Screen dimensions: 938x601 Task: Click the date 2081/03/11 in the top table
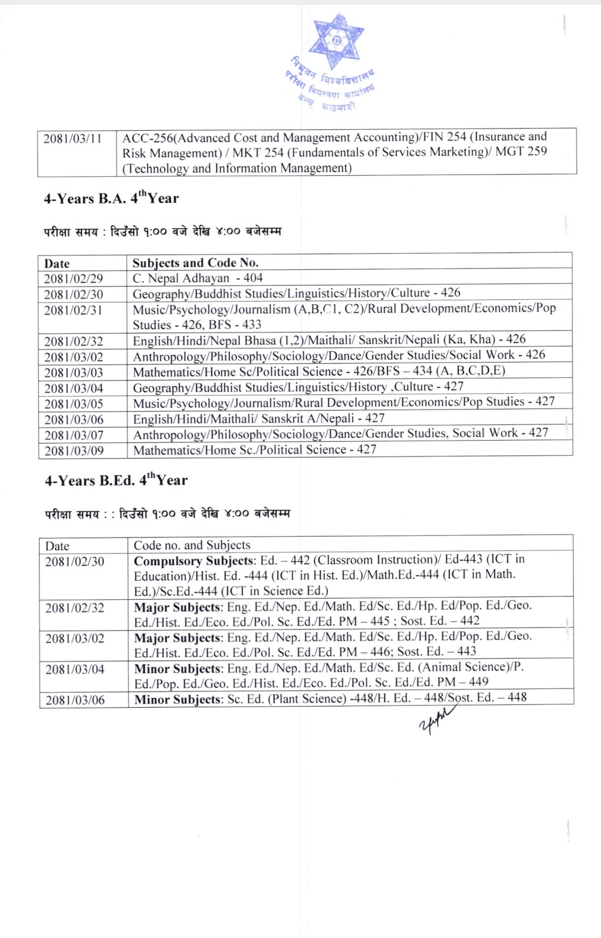72,139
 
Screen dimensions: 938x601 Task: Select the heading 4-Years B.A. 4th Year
111,199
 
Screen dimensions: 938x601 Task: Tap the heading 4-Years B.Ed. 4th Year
116,481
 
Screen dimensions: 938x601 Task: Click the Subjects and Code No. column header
195,263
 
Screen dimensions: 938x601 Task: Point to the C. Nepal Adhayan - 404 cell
198,278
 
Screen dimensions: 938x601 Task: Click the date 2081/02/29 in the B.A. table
73,279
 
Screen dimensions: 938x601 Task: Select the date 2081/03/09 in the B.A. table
74,451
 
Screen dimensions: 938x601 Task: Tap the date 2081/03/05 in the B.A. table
74,404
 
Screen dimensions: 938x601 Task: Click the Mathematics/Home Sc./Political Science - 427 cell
255,450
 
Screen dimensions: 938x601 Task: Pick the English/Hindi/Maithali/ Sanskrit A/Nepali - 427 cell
259,418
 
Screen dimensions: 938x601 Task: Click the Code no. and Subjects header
192,545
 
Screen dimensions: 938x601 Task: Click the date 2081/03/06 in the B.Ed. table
75,700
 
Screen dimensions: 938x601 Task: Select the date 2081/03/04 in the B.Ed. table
75,670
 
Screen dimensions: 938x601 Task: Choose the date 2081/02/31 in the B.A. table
73,310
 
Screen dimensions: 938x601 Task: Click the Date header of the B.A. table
57,264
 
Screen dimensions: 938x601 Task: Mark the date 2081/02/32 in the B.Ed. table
75,608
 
